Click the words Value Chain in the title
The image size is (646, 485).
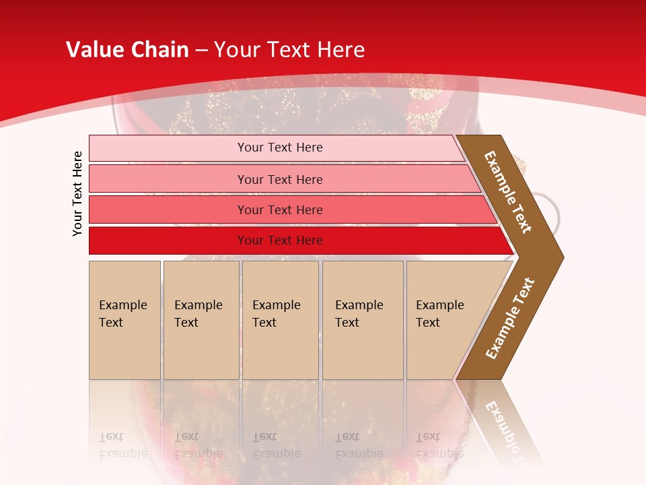(x=127, y=50)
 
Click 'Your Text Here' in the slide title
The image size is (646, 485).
(x=289, y=50)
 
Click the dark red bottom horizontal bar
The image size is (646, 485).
(x=168, y=240)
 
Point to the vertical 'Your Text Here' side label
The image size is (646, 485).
(x=77, y=193)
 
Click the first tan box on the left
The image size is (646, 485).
(x=124, y=320)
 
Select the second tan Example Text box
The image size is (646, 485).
(x=201, y=320)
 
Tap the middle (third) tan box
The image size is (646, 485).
(x=280, y=320)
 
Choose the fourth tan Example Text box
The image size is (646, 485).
(x=363, y=320)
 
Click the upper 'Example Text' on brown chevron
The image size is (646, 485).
(x=509, y=192)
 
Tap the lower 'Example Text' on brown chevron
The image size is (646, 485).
(x=510, y=318)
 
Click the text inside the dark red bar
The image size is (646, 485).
(x=280, y=240)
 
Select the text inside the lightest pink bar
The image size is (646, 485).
(x=280, y=148)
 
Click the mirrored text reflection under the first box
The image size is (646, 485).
(x=122, y=445)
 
